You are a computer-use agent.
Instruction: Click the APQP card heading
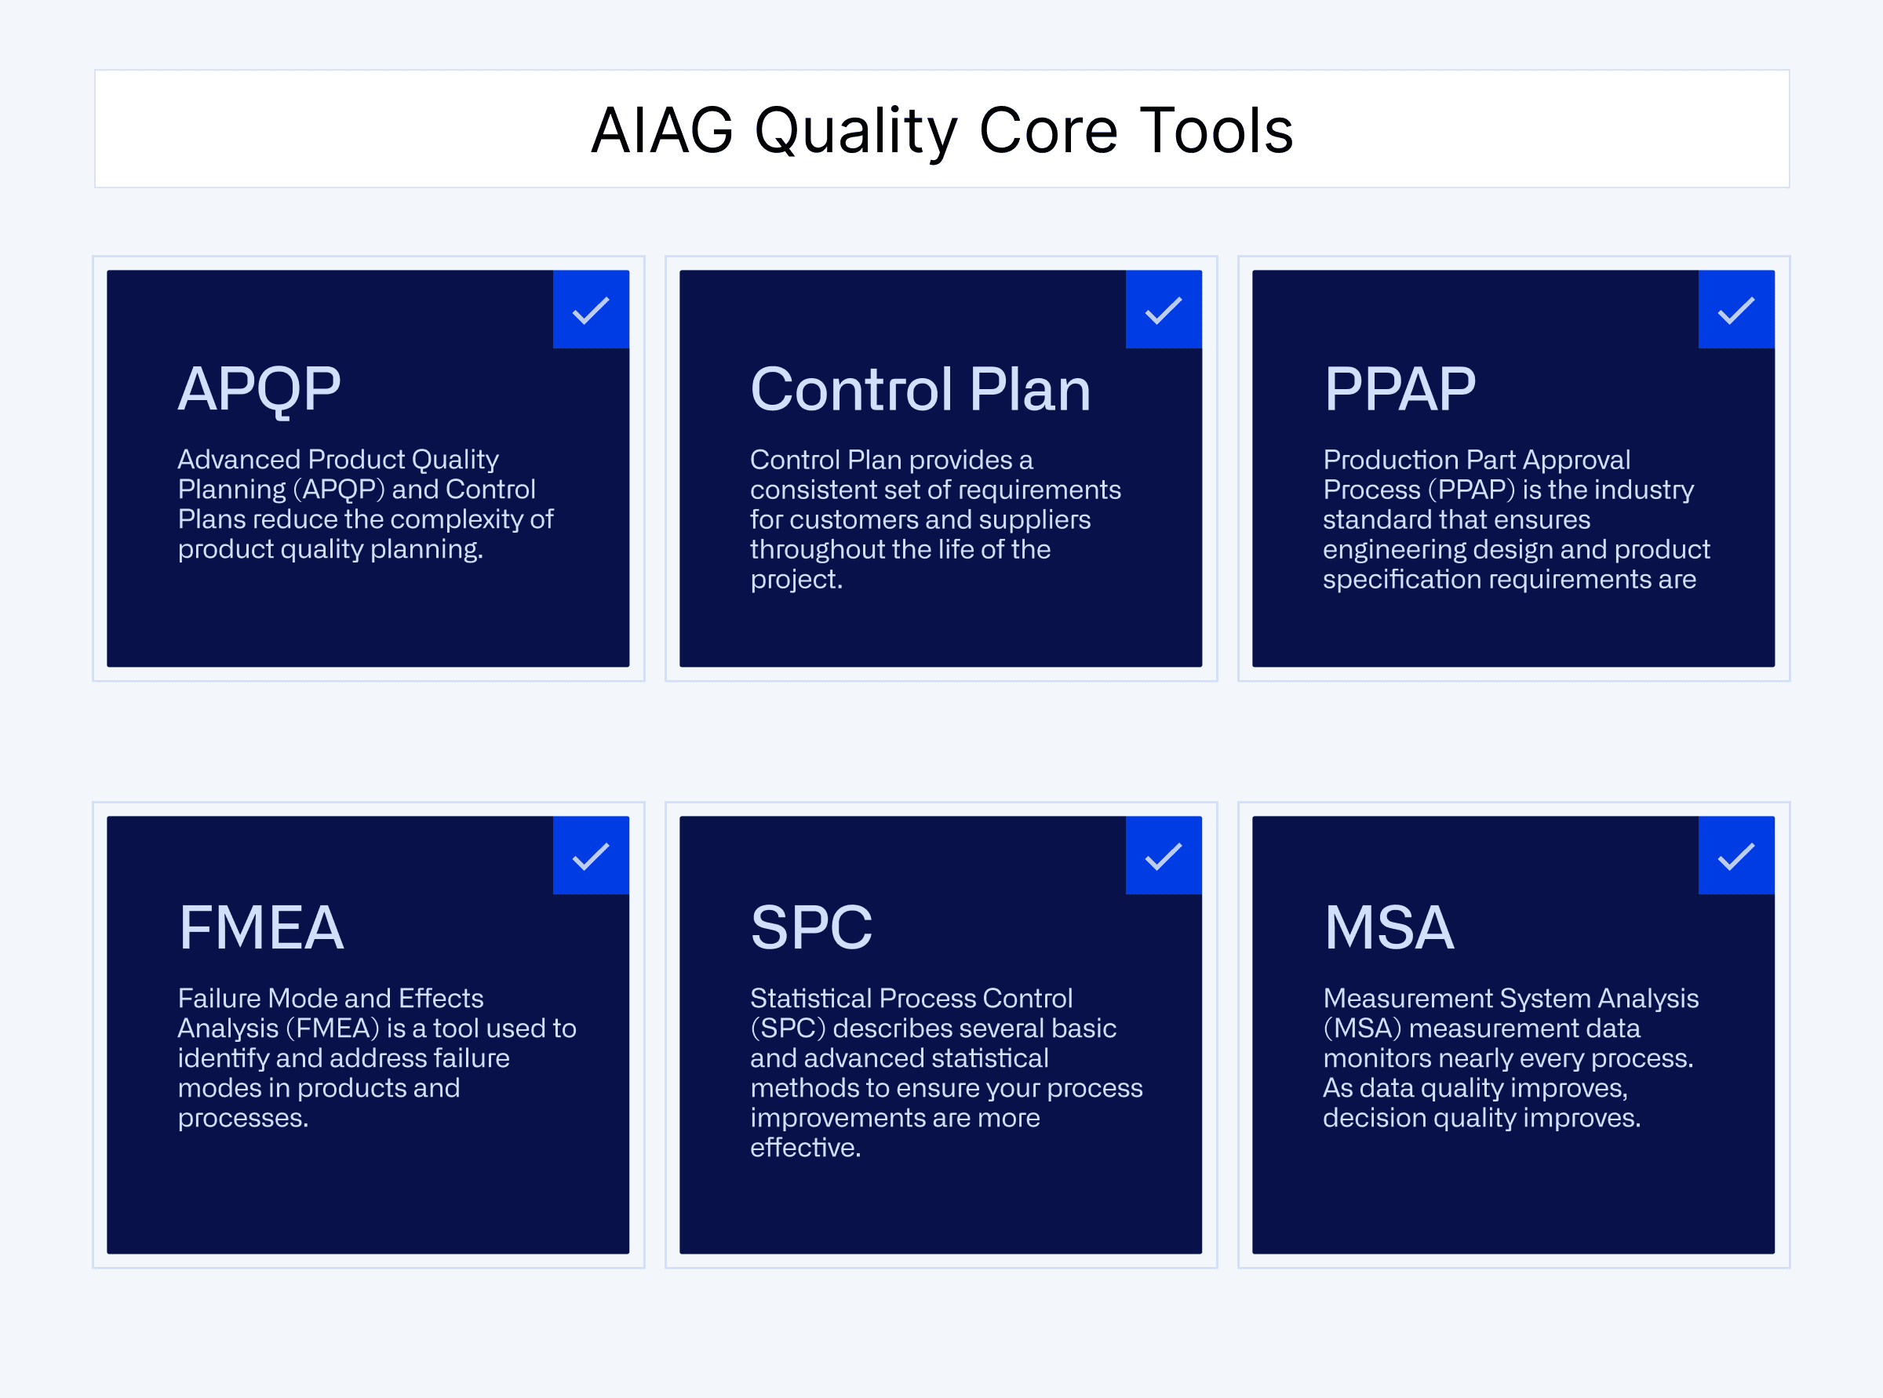(259, 390)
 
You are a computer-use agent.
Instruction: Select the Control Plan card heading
(920, 390)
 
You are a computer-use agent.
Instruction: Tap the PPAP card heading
(1400, 390)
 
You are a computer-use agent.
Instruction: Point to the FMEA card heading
(260, 928)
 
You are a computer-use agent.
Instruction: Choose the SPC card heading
(810, 928)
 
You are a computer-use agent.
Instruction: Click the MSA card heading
(1389, 928)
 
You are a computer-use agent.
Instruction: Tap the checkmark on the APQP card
(591, 310)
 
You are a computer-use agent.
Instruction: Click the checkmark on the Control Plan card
(1164, 310)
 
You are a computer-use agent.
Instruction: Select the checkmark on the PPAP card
(1735, 310)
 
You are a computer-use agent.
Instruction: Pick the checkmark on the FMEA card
(591, 856)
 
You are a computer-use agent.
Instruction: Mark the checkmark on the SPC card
(1164, 856)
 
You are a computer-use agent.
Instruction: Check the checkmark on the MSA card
(1735, 856)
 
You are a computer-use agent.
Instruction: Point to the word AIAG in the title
(662, 131)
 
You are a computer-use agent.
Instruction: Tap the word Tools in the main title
(1216, 131)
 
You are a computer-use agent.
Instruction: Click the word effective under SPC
(805, 1148)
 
